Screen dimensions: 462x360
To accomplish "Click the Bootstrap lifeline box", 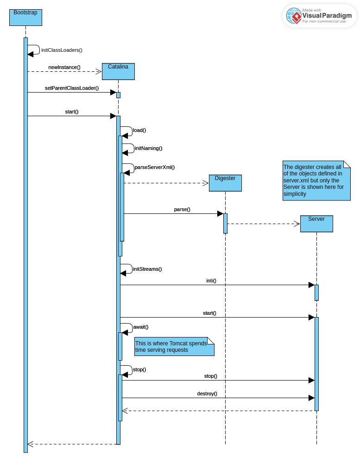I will coord(25,17).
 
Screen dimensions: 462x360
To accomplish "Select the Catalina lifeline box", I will coord(118,71).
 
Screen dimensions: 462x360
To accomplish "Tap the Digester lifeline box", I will coord(225,183).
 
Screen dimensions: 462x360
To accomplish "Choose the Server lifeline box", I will coord(316,224).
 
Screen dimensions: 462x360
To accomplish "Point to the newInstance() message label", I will coord(64,68).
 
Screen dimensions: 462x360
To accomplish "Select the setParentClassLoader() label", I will coord(72,88).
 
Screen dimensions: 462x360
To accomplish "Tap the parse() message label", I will coord(182,210).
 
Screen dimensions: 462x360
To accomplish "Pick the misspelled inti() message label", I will coord(211,281).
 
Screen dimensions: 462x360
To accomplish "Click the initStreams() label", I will coord(147,269).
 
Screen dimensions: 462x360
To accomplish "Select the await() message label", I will coord(141,327).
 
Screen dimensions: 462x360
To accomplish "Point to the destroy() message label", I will coord(207,394).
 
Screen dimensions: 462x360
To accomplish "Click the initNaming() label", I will coord(148,149).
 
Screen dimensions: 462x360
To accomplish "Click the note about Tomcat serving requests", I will coord(174,347).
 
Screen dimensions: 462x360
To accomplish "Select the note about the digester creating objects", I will coord(316,181).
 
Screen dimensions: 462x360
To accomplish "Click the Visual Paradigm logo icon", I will coord(294,16).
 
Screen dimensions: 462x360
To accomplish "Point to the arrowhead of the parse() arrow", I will coord(220,213).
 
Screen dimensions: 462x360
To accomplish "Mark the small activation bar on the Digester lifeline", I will coord(225,223).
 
